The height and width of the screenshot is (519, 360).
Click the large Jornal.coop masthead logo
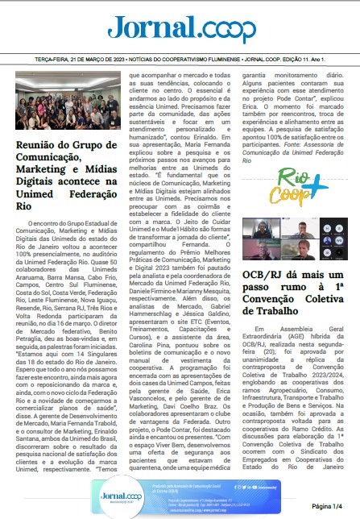pos(180,29)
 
